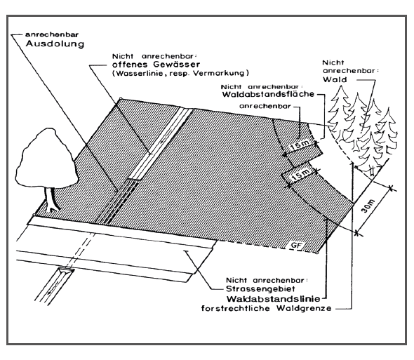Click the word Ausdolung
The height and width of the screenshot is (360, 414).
[x=55, y=44]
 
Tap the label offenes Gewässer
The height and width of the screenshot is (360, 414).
[x=156, y=65]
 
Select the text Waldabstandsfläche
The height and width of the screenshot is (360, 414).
[x=268, y=94]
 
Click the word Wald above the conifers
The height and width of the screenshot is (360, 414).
[x=335, y=79]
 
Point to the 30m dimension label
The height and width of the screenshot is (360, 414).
[x=368, y=206]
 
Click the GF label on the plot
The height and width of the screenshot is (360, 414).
[x=296, y=245]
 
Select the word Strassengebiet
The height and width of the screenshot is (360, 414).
[x=260, y=289]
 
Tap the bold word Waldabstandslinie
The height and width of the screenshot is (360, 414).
[x=274, y=299]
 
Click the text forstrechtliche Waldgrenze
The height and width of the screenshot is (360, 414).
[x=266, y=308]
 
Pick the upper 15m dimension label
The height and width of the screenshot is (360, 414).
[x=300, y=146]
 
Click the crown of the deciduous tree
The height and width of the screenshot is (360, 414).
[x=47, y=159]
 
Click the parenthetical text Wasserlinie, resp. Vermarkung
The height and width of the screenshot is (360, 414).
[x=180, y=73]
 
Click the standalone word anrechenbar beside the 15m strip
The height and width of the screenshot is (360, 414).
[x=265, y=106]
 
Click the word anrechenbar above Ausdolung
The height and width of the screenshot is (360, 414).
[x=52, y=34]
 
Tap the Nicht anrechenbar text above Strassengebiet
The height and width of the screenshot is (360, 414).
[x=267, y=280]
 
